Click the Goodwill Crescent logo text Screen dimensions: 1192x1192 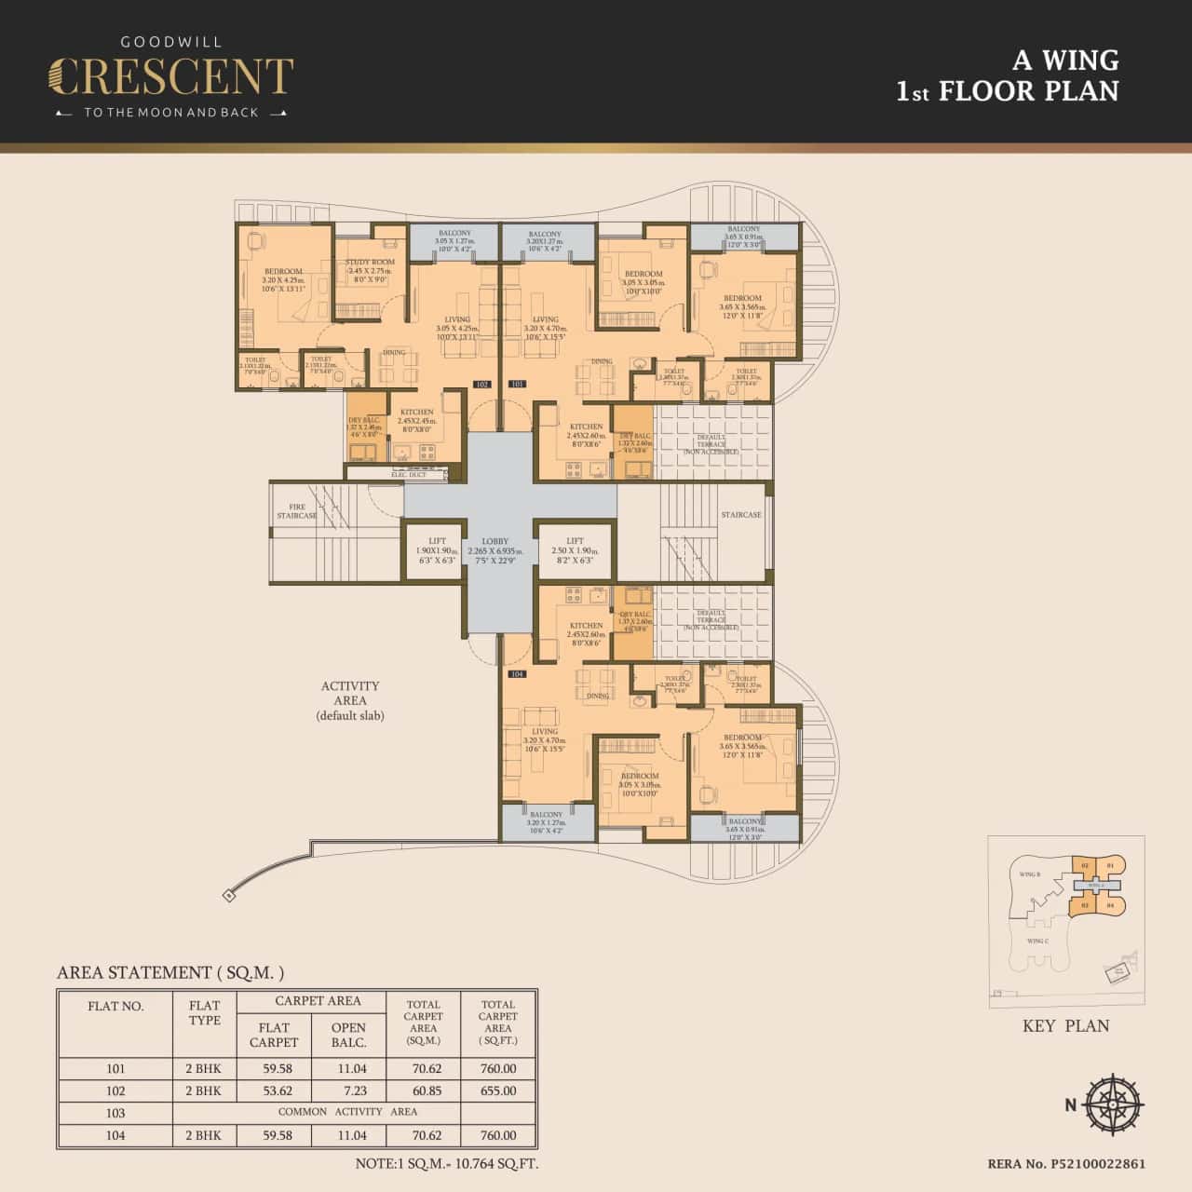tap(170, 77)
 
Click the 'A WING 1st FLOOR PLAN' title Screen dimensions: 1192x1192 tap(1007, 75)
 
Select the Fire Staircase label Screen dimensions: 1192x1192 tap(297, 511)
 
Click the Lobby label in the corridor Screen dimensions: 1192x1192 tap(495, 547)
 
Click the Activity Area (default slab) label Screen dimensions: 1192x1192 tap(350, 700)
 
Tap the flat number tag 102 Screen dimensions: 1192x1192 tap(481, 384)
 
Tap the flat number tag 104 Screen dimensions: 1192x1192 tap(516, 673)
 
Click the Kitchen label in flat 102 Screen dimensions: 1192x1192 tap(416, 416)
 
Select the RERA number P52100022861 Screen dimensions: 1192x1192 tap(1066, 1164)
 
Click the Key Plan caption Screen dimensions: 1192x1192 tap(1065, 1025)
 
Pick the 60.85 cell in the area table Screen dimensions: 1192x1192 tap(423, 1090)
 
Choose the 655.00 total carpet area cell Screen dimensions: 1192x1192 tap(497, 1090)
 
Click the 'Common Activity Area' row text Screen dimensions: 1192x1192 tap(347, 1112)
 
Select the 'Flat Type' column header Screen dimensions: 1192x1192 tap(204, 1012)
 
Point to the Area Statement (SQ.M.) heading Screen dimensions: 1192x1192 tap(170, 972)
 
